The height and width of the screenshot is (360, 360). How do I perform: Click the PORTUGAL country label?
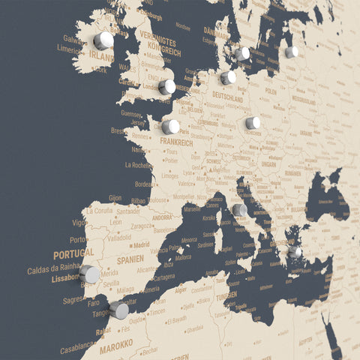[x=73, y=253]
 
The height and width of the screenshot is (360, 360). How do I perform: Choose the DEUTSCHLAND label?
[x=227, y=97]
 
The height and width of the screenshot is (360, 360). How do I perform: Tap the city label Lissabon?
[x=66, y=277]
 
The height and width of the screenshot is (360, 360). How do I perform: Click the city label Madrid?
[x=140, y=244]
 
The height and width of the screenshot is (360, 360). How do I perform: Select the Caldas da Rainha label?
[x=53, y=266]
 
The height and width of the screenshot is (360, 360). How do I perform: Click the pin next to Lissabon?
[x=90, y=274]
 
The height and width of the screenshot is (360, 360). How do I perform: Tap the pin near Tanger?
[x=118, y=310]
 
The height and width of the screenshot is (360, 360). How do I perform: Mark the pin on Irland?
[x=103, y=40]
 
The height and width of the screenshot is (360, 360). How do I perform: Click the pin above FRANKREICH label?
[x=171, y=127]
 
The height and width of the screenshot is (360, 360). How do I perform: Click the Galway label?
[x=73, y=38]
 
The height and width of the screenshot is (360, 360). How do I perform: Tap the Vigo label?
[x=79, y=222]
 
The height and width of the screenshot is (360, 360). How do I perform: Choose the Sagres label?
[x=73, y=299]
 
